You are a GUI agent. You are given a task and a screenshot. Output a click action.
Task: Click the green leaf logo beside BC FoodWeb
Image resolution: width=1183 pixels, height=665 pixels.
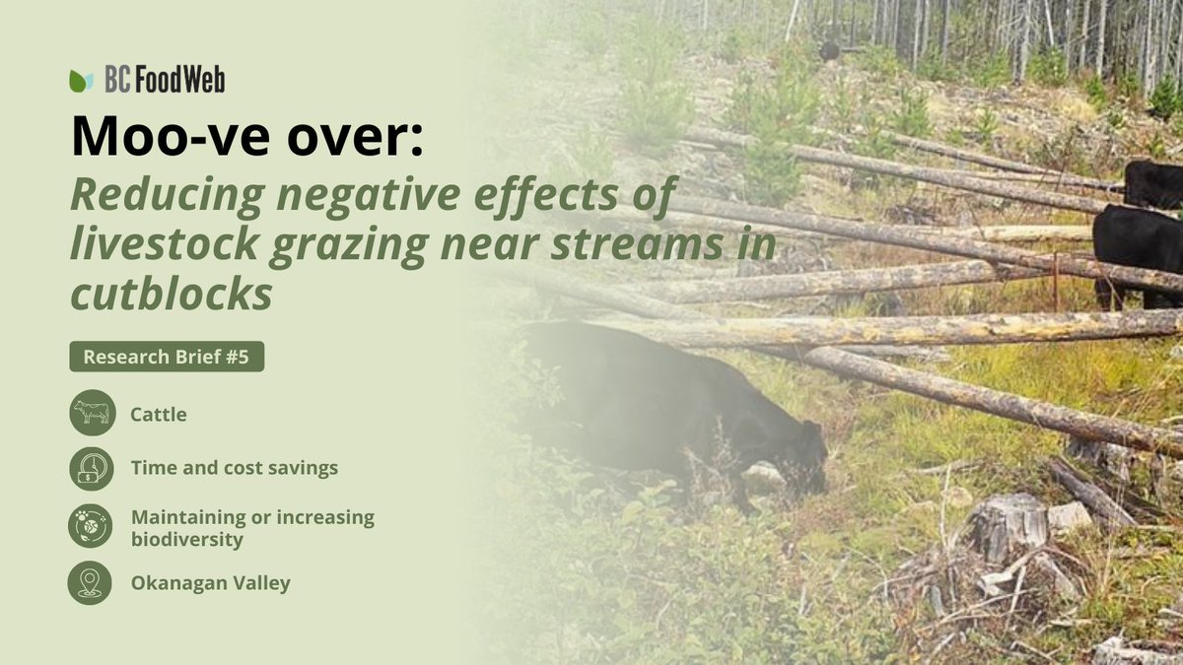(81, 81)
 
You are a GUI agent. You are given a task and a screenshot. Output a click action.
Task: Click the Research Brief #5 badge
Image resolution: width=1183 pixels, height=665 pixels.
(167, 357)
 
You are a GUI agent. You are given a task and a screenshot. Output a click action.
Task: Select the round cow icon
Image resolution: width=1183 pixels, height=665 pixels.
(92, 413)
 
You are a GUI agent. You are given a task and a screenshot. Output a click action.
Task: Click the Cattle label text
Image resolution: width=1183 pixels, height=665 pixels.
(159, 415)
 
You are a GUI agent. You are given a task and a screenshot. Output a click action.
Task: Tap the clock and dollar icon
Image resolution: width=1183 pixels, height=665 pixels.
(92, 468)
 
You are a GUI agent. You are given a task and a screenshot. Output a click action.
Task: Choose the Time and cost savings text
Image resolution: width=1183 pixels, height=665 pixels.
(235, 468)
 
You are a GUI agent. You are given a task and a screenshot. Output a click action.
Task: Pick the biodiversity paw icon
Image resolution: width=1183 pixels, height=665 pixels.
(92, 526)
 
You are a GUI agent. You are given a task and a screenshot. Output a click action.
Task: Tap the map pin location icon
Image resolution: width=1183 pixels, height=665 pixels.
(92, 582)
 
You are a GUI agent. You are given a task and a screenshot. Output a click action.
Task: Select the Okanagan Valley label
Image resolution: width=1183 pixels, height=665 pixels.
(211, 582)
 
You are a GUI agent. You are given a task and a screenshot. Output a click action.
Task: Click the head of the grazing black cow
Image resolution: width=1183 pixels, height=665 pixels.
(803, 458)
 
